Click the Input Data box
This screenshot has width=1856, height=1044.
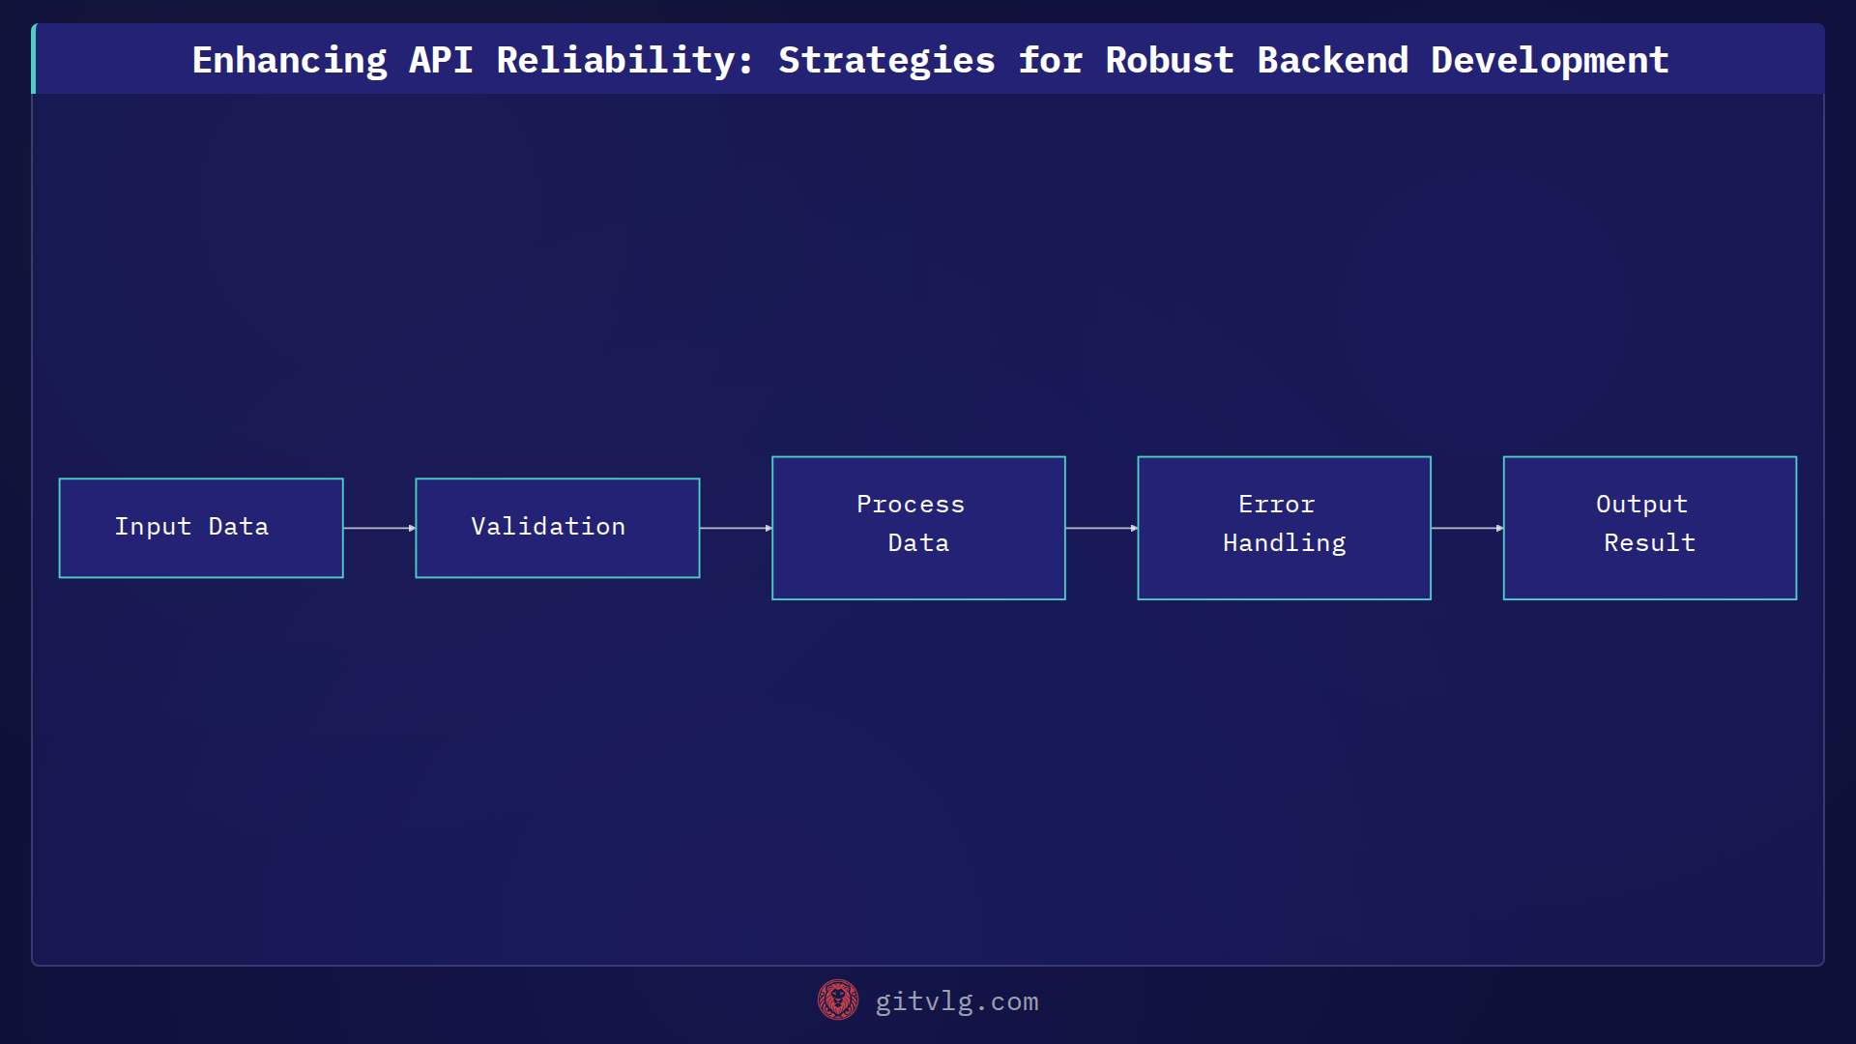point(201,528)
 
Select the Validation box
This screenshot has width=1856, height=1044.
point(557,528)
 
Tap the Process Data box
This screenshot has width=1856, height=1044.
point(918,528)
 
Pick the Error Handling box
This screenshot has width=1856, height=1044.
point(1284,528)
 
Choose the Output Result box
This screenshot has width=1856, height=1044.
point(1649,528)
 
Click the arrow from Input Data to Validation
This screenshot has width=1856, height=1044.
point(379,528)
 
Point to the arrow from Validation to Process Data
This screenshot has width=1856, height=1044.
point(736,528)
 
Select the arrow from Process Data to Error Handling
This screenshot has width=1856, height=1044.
point(1101,528)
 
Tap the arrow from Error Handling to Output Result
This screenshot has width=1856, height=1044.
point(1466,528)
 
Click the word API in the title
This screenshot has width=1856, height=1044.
point(441,60)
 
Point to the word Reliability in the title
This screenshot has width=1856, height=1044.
point(624,60)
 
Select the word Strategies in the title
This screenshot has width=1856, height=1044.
point(886,60)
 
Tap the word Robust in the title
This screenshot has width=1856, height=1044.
point(1170,60)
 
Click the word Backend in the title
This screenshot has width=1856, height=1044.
point(1332,60)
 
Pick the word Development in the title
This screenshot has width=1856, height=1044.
point(1550,60)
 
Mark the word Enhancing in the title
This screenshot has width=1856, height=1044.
point(289,60)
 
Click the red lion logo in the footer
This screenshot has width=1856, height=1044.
point(837,1000)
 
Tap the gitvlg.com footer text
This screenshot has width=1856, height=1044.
point(956,1001)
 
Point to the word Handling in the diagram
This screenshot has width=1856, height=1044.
point(1284,543)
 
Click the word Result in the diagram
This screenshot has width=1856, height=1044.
point(1649,543)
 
